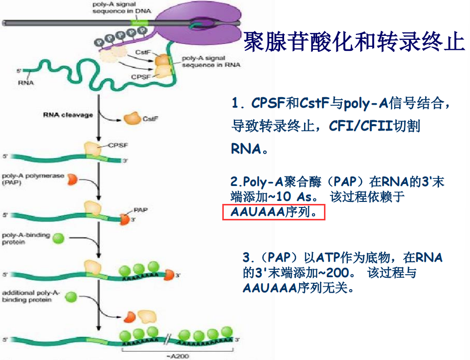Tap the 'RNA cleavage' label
(x=68, y=115)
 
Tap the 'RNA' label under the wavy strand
(x=26, y=82)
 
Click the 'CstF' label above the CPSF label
(x=141, y=52)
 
